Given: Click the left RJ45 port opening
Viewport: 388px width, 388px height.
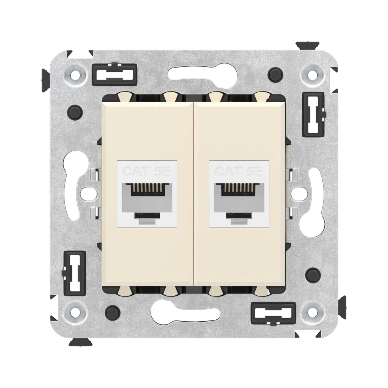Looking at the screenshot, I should (x=147, y=198).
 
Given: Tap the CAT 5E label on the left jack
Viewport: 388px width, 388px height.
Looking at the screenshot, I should (x=147, y=171).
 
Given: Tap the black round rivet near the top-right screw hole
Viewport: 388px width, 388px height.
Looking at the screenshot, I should (x=275, y=73).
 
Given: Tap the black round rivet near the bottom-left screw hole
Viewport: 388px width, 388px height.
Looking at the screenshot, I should (x=112, y=310).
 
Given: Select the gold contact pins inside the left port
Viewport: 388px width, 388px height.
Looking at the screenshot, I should (x=147, y=191).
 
